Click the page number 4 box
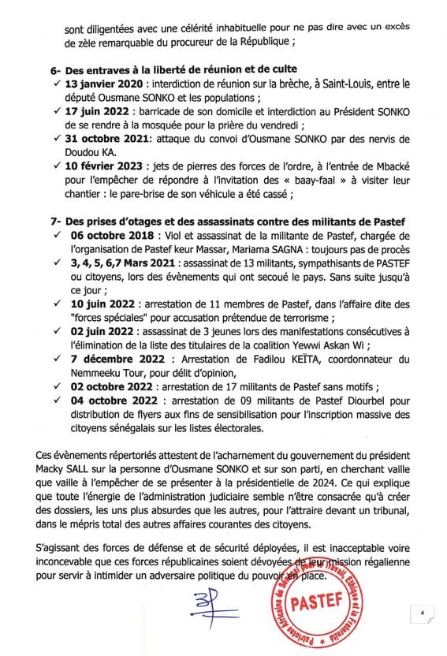[x=423, y=612]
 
